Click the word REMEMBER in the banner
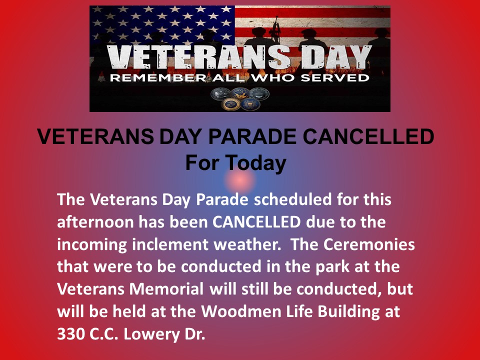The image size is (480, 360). [157, 78]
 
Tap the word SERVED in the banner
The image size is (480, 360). [334, 78]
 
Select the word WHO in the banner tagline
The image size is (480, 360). [274, 78]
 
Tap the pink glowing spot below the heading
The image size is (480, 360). [239, 181]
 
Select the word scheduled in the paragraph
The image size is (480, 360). [292, 199]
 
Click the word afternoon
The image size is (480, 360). [95, 222]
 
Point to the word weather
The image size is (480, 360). [247, 244]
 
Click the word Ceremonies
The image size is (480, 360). [369, 244]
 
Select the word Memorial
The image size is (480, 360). [166, 289]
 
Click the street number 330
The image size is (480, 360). [71, 334]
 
